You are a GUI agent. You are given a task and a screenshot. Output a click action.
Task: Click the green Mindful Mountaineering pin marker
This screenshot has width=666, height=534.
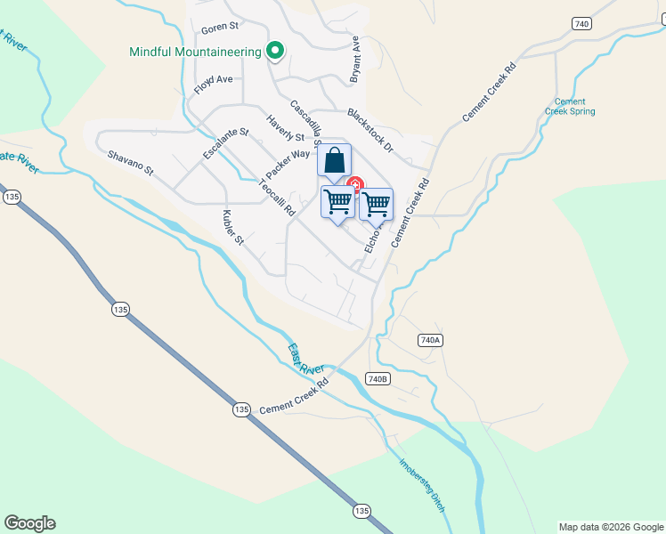click(275, 52)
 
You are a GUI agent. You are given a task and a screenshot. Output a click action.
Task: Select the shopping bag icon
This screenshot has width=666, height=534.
click(334, 160)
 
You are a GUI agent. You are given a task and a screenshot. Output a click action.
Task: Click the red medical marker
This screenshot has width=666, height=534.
click(354, 184)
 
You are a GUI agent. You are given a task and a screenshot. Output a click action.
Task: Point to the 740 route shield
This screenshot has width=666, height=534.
click(582, 24)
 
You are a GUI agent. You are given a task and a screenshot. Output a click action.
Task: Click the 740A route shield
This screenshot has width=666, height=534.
click(430, 340)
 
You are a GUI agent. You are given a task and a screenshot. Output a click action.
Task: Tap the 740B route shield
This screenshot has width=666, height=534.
click(378, 379)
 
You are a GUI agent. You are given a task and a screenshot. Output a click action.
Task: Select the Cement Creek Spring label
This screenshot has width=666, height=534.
click(570, 107)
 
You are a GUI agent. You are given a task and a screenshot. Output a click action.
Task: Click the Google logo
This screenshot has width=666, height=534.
click(29, 523)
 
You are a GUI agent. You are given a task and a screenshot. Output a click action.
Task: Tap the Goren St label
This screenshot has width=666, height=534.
click(221, 28)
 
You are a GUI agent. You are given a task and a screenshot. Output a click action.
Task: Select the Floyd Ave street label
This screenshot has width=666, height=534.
click(213, 85)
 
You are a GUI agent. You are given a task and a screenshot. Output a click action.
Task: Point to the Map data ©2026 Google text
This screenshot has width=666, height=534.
click(612, 527)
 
